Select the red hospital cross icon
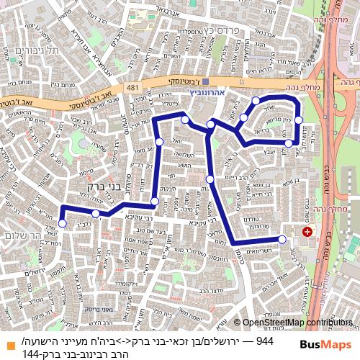pos(307,232)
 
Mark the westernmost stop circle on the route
pos(62,223)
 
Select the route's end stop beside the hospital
pos(282,239)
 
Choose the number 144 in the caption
pos(31,354)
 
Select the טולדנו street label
pos(254,220)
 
